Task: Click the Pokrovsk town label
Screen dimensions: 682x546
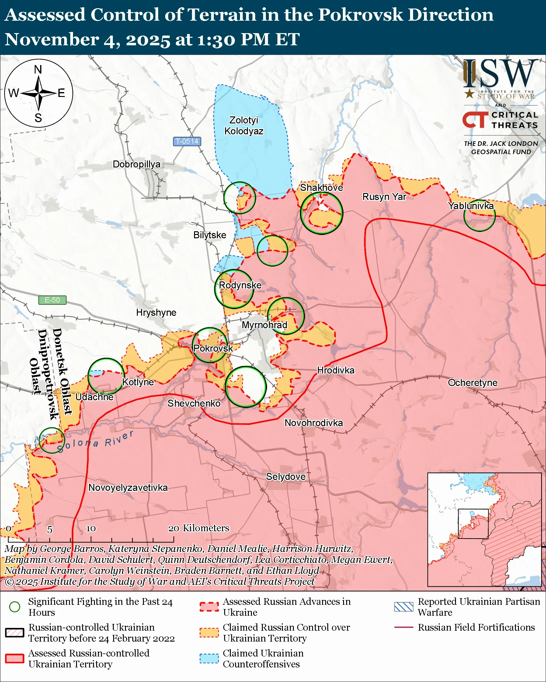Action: (x=213, y=348)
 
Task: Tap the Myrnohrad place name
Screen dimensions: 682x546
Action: (x=264, y=325)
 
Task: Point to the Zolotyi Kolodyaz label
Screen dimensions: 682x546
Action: (x=244, y=126)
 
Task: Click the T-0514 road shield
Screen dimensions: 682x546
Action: (x=187, y=141)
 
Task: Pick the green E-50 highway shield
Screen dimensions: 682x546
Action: (x=52, y=300)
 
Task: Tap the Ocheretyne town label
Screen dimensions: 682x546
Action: (x=472, y=383)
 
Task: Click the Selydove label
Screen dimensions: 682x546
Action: (x=286, y=477)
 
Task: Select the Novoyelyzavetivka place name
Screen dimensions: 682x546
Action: (x=128, y=487)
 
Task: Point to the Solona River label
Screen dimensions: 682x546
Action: (x=95, y=441)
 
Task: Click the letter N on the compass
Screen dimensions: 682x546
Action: (x=38, y=70)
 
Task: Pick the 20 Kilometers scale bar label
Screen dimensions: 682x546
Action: (x=198, y=528)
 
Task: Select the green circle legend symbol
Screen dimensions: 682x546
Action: (x=15, y=607)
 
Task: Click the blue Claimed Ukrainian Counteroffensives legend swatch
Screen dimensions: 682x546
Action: (x=209, y=658)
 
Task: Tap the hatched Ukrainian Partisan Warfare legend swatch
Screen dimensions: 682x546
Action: (x=404, y=607)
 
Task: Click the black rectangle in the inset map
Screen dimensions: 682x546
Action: (x=473, y=524)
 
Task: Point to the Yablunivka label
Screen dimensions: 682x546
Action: (x=471, y=206)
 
